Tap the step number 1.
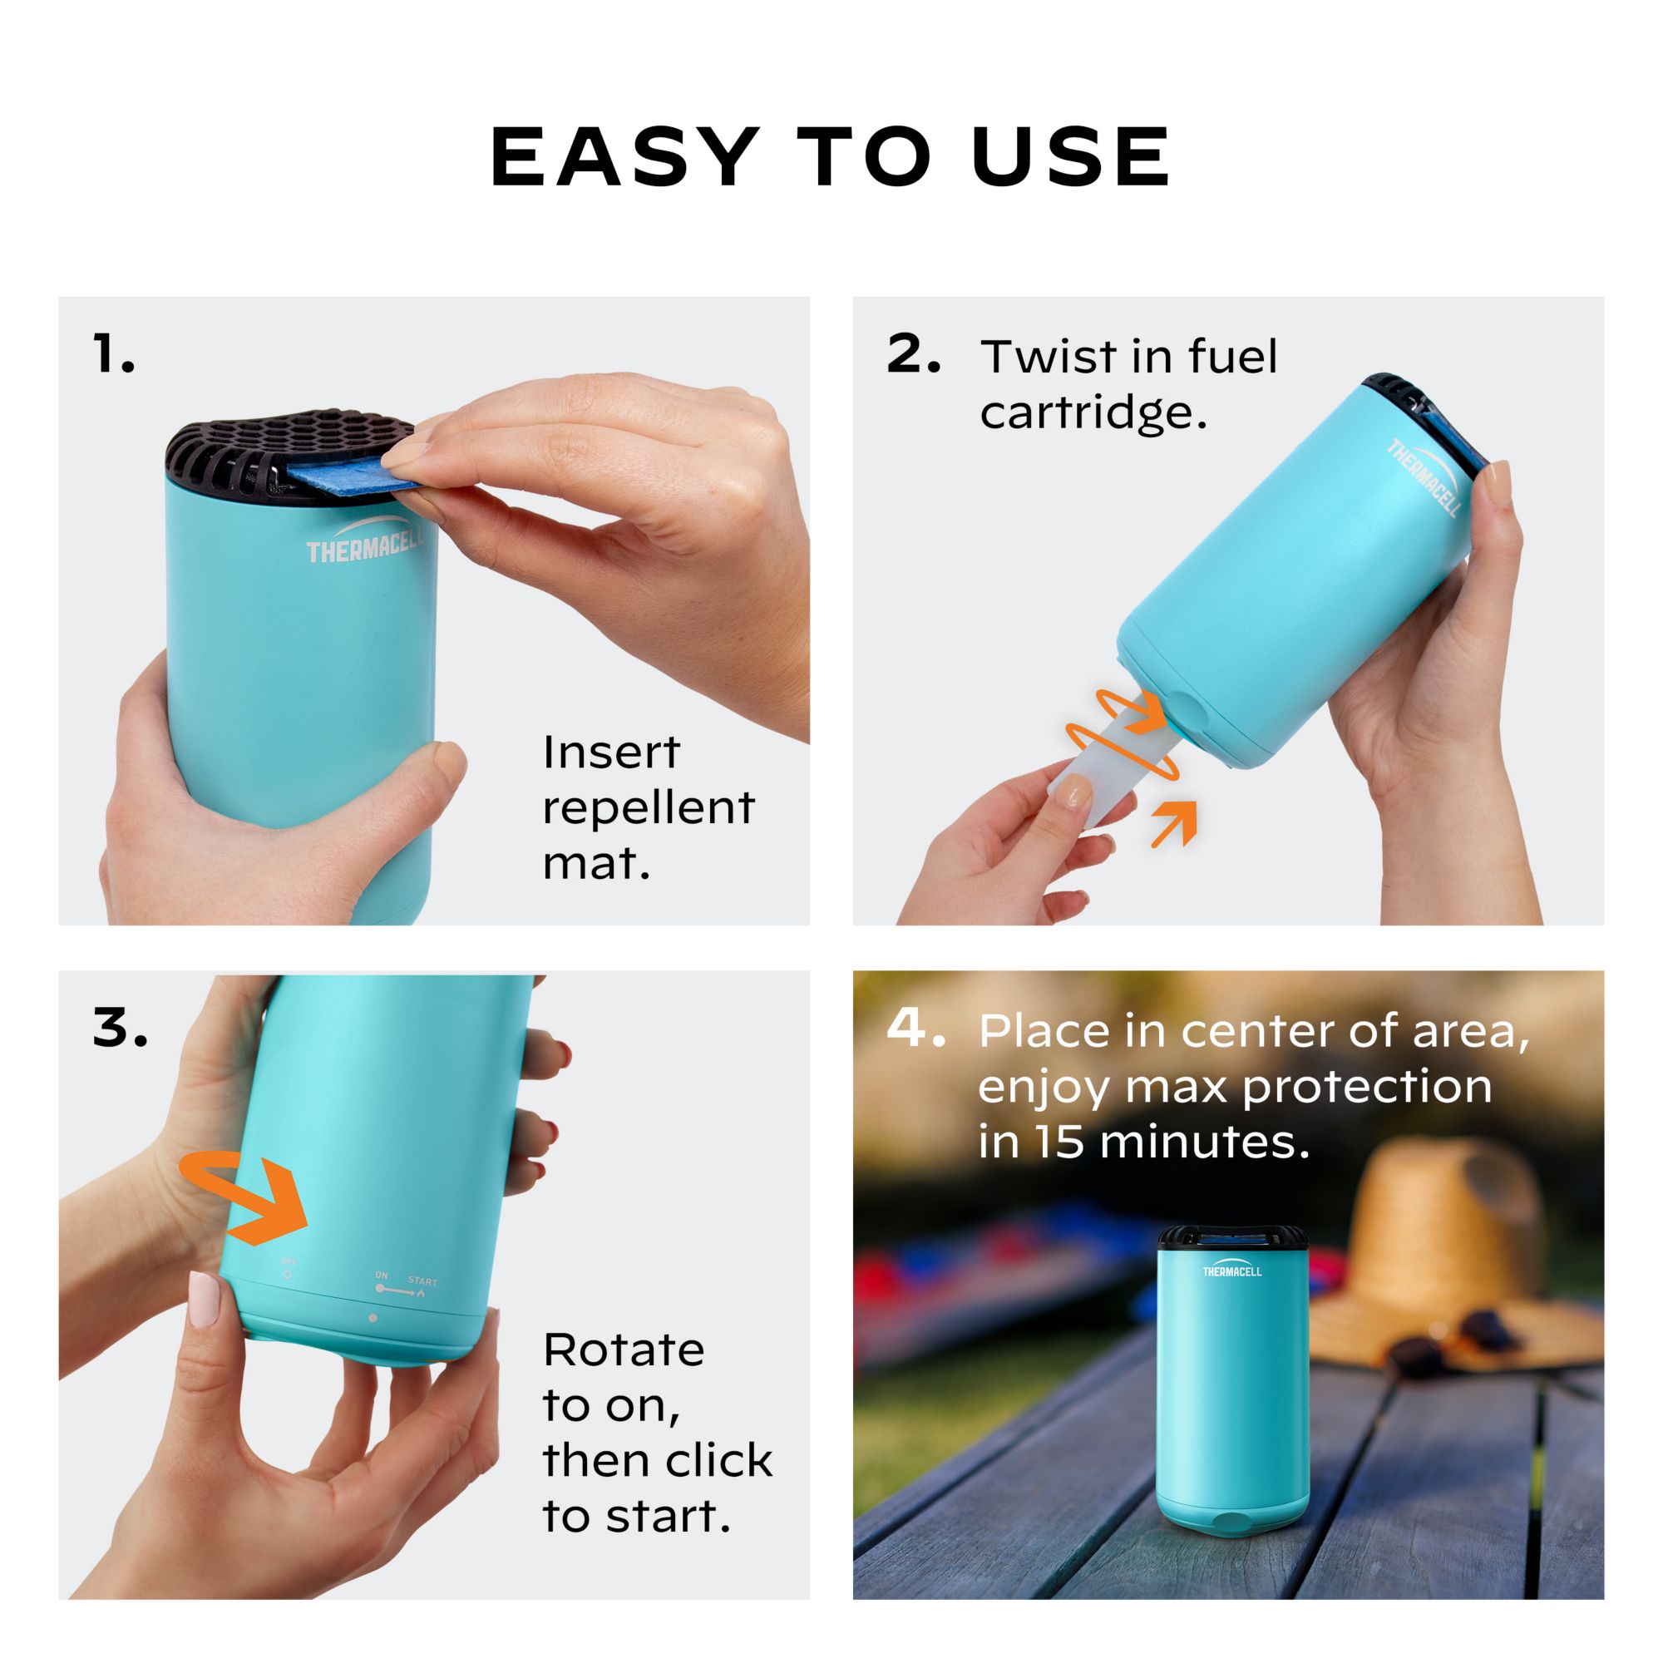[113, 355]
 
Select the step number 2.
[912, 355]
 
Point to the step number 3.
[119, 1029]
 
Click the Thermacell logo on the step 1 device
[366, 544]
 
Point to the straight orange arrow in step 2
[1174, 822]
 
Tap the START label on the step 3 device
[422, 1281]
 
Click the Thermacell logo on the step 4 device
[1231, 1271]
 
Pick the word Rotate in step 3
[623, 1350]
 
